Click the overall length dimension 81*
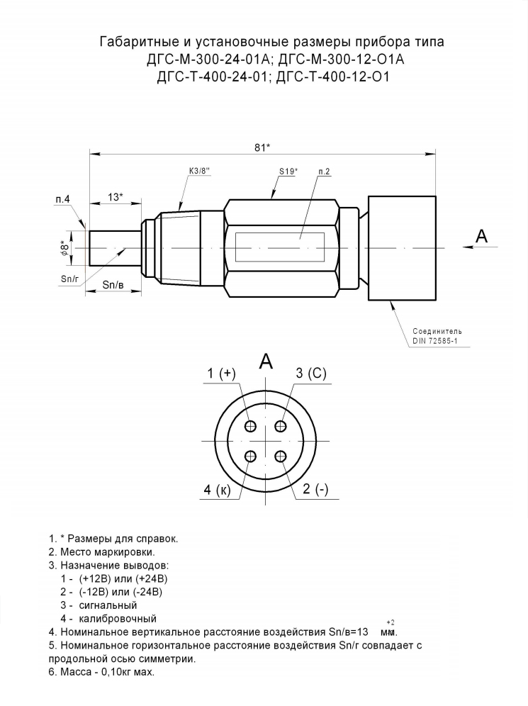point(262,147)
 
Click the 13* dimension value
point(116,197)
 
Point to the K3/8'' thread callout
point(199,171)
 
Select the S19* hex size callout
point(288,171)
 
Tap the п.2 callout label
point(324,172)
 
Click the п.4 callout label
point(63,199)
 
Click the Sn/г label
point(70,279)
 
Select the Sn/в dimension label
point(113,284)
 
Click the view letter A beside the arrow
point(482,235)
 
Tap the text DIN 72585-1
point(435,341)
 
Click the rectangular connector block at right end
point(402,248)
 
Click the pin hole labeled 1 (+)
point(251,426)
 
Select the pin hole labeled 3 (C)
point(281,426)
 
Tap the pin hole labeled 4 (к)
point(251,456)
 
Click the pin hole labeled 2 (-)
point(281,456)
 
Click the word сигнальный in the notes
point(108,605)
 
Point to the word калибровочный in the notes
point(118,619)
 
